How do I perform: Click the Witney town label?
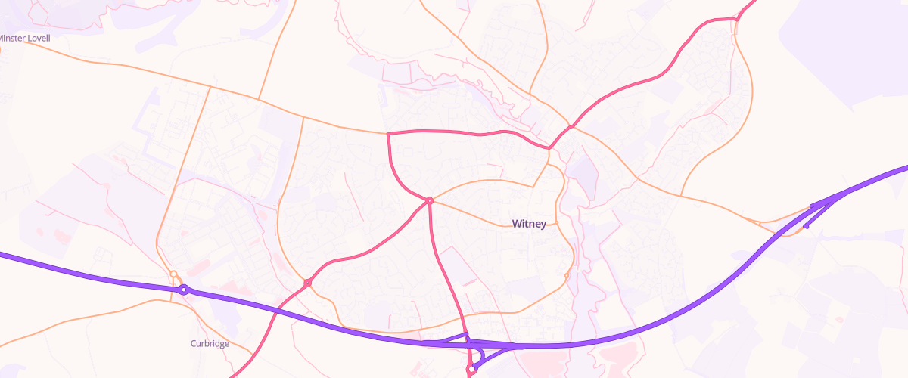529,224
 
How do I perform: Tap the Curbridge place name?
210,343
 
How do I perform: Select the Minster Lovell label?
24,38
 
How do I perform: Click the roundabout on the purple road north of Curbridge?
183,290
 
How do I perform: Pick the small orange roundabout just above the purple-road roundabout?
173,274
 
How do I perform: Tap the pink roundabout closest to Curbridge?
308,283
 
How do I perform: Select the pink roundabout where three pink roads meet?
429,200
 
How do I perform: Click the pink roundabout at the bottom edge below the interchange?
471,370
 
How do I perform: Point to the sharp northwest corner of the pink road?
387,134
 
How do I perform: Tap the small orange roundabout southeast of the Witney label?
567,275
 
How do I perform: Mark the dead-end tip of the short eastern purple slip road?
805,225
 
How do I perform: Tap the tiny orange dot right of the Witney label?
556,223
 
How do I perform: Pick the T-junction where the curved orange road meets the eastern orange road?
681,196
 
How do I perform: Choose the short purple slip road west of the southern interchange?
443,343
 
